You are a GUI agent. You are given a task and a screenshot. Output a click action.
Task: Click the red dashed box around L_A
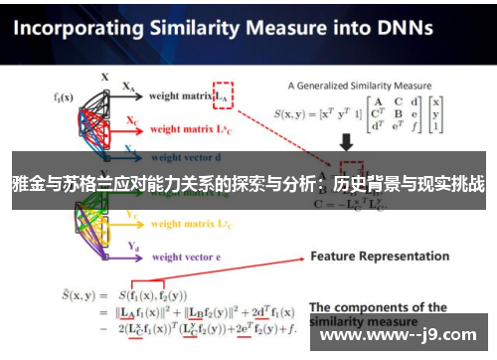click(x=222, y=94)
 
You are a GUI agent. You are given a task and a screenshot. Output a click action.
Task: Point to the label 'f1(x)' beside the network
click(x=64, y=98)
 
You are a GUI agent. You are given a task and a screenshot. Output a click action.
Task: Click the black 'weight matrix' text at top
click(x=178, y=96)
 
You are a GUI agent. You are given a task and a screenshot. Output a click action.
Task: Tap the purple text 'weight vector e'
click(x=185, y=257)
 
